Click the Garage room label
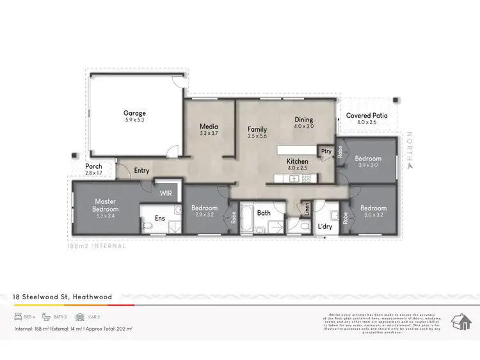134,113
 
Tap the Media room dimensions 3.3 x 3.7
209,134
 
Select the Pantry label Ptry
326,152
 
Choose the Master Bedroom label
106,205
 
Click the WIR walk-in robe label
166,192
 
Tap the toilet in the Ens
147,225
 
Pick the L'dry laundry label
325,226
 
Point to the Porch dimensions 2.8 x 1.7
93,173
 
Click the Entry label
141,171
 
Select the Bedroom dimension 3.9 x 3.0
368,165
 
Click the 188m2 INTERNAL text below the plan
97,246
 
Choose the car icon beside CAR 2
79,317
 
